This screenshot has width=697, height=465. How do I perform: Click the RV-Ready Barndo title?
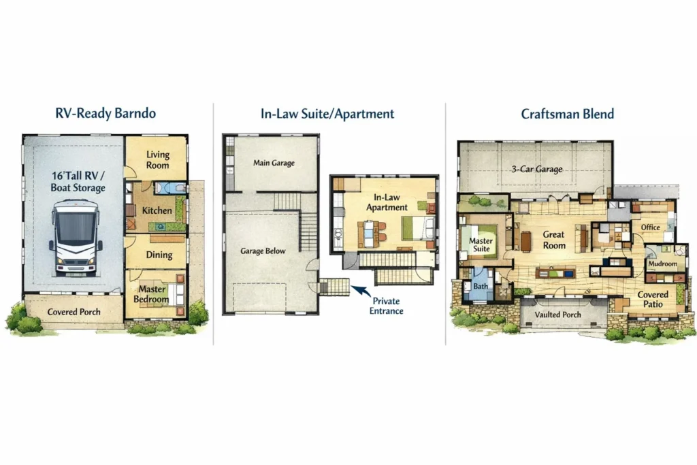click(x=106, y=113)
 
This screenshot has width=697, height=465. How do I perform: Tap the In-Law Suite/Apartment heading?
click(x=327, y=113)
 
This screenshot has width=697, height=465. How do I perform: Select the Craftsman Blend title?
click(x=568, y=114)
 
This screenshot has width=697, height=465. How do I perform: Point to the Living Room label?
click(x=158, y=160)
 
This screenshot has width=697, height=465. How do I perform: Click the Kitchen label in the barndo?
click(x=157, y=210)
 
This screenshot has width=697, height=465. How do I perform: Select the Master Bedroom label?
click(x=151, y=294)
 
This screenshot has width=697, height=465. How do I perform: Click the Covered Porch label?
click(x=74, y=312)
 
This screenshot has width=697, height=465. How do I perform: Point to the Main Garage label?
click(x=274, y=163)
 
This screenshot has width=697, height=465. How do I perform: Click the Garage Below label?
click(x=263, y=251)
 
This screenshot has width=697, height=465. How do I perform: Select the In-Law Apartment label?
click(x=387, y=202)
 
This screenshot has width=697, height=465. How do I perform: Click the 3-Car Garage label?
click(x=537, y=169)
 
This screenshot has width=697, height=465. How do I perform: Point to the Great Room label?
click(x=553, y=240)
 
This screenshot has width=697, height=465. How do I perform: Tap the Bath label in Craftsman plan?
click(x=481, y=286)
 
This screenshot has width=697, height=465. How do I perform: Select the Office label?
click(x=650, y=227)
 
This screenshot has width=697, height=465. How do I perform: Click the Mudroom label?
click(x=662, y=263)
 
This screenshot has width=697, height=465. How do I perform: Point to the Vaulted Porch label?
click(x=557, y=315)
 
